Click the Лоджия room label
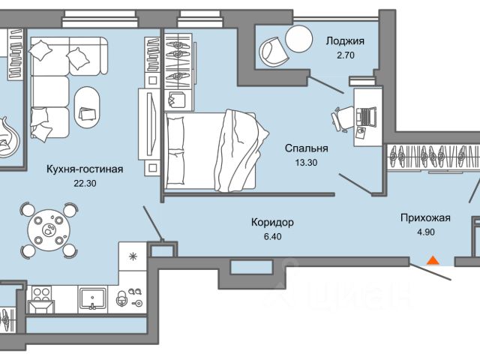(345, 41)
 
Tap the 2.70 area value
(345, 55)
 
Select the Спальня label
(307, 148)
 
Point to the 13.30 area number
(306, 163)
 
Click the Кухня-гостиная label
(85, 169)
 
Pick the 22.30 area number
(85, 183)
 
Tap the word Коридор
(272, 222)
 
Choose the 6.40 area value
(272, 237)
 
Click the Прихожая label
(425, 218)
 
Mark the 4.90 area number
(426, 232)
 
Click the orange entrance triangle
(433, 260)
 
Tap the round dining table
(49, 230)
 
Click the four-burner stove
(41, 294)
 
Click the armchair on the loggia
(273, 52)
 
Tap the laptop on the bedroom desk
(367, 116)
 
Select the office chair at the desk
(342, 119)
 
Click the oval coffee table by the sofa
(87, 108)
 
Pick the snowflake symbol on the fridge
(133, 256)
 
